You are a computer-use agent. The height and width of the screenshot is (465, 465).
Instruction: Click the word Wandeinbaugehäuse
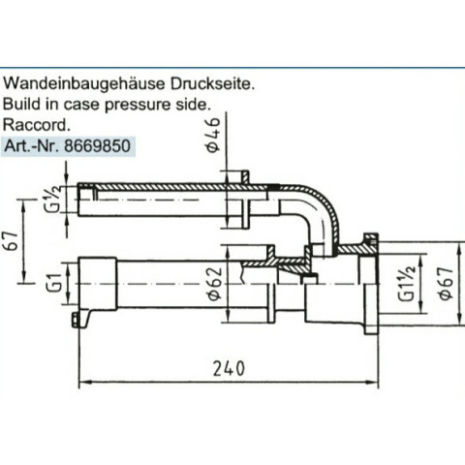point(83,84)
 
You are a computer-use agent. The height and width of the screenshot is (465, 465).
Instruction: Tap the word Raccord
point(37,125)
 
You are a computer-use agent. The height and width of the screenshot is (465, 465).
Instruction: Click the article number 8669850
point(97,146)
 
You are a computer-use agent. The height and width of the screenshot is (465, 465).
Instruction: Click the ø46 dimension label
point(213,135)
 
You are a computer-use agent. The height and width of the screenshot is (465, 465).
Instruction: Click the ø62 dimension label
point(215,283)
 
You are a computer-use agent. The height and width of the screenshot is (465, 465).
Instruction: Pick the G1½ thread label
point(406,283)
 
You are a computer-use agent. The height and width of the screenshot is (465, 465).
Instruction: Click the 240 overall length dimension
point(229,369)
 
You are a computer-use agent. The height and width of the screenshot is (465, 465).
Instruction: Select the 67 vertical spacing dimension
point(12,241)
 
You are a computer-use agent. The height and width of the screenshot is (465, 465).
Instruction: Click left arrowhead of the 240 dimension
point(84,382)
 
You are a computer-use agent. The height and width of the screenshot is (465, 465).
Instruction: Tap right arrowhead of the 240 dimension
point(373,382)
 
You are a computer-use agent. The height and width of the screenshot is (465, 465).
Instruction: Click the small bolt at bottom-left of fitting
point(76,320)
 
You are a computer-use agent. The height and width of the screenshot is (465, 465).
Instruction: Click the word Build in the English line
point(22,104)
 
